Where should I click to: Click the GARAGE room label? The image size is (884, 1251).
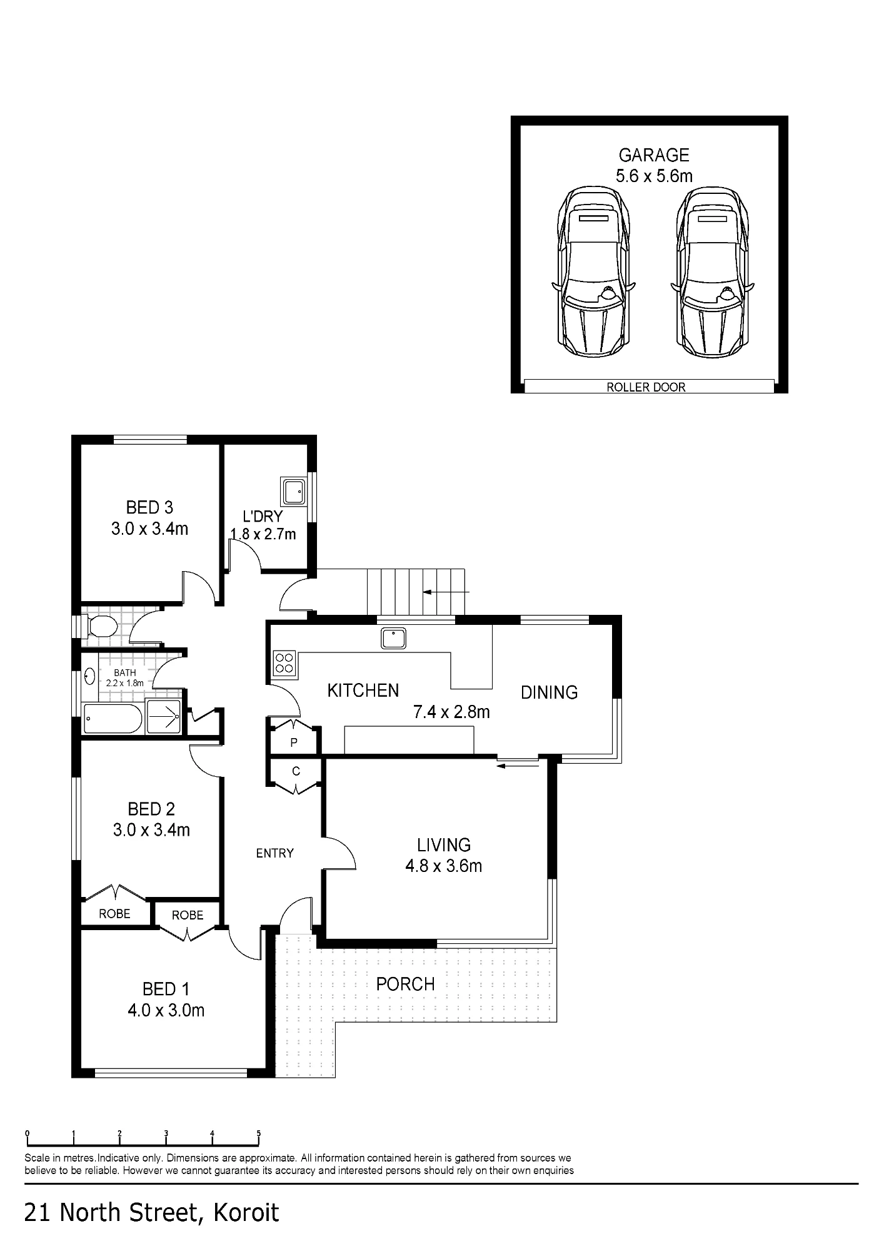pos(654,154)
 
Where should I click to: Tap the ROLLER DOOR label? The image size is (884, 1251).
pos(646,387)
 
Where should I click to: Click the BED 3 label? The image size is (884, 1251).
pos(149,507)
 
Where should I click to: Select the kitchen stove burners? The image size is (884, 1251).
pos(284,663)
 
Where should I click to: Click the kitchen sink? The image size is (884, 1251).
pos(393,638)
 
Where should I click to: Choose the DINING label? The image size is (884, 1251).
pos(549,692)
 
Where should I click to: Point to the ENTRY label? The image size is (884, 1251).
pos(274,853)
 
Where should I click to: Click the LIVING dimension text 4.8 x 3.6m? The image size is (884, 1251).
pos(444,866)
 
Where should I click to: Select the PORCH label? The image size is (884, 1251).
pos(405,985)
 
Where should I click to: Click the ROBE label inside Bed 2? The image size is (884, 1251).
pos(114,914)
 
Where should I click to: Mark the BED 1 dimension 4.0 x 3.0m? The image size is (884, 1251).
pos(166,1010)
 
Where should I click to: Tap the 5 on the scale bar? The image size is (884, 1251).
pos(258,1133)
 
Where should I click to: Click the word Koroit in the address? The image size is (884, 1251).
pos(246,1212)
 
